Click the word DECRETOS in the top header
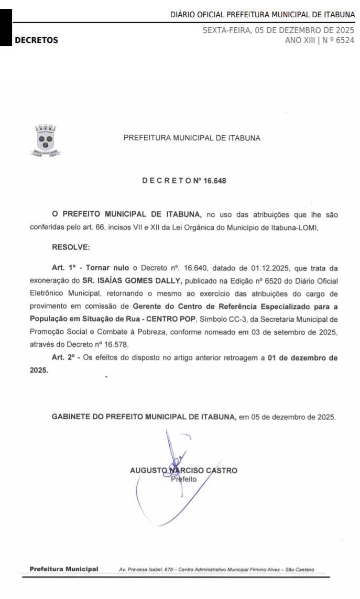pos(36,40)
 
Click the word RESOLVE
pos(71,247)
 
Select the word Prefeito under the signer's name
pos(183,479)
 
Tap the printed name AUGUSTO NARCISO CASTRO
pos(183,470)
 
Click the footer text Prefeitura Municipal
pos(63,569)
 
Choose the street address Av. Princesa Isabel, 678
pos(147,570)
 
